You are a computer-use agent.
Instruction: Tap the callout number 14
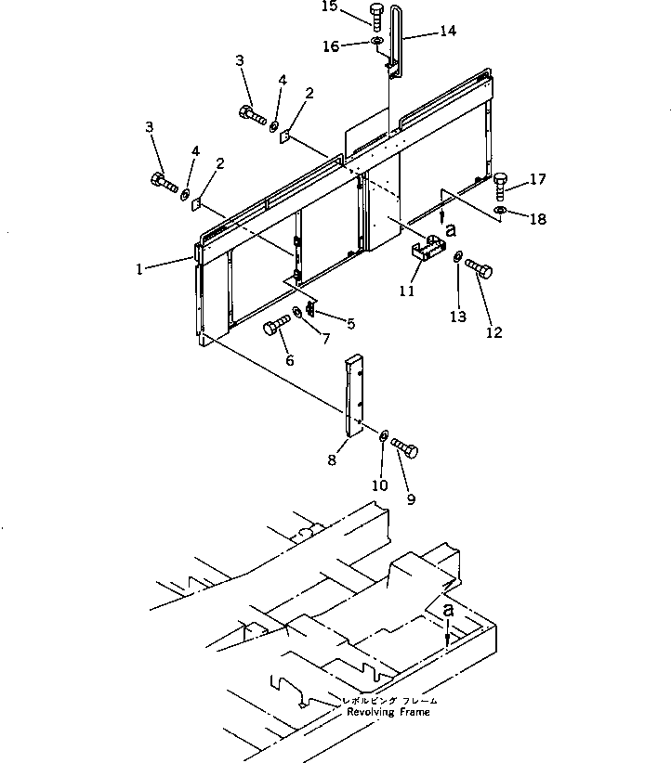[447, 31]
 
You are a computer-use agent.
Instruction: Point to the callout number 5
[350, 324]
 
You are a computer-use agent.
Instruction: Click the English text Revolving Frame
[388, 712]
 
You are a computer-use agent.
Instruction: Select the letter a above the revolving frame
[449, 611]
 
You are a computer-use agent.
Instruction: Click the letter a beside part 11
[451, 226]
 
